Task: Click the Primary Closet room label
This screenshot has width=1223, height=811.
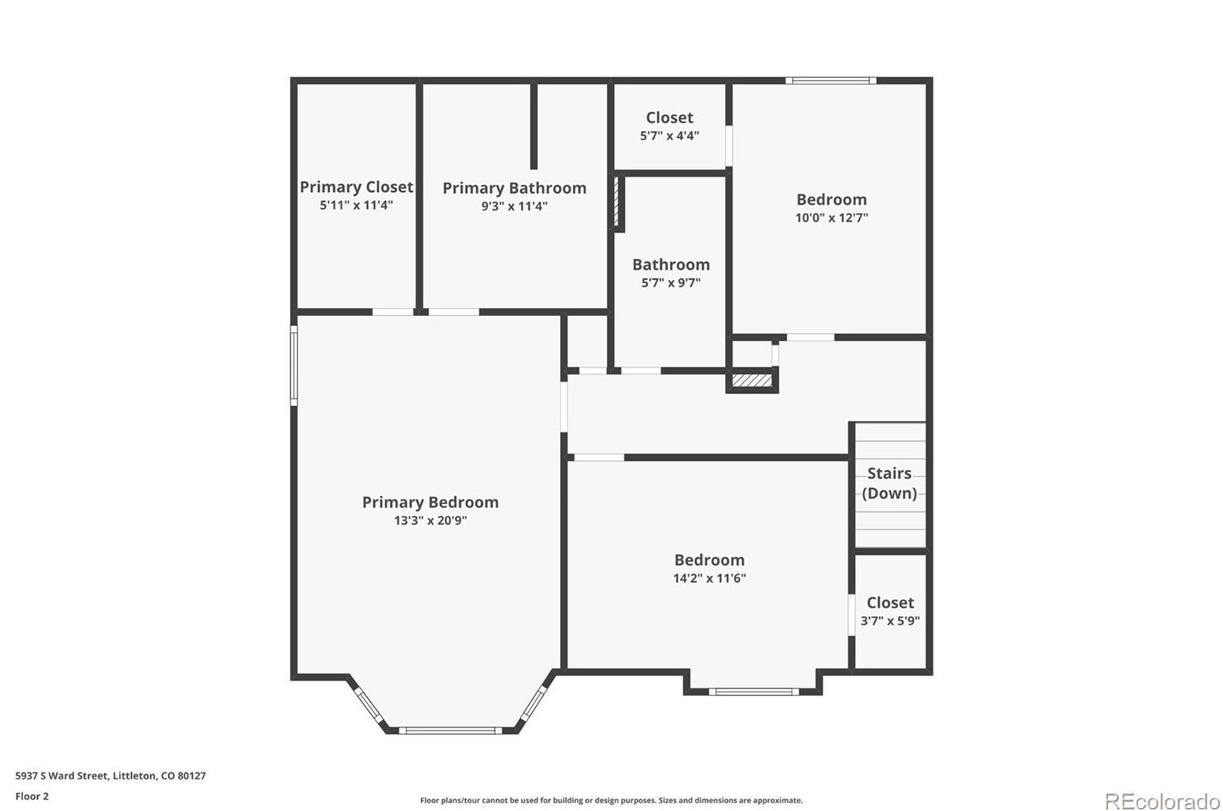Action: (356, 187)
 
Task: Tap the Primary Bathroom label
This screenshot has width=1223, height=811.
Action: (514, 188)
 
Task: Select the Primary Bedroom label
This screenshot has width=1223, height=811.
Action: (430, 503)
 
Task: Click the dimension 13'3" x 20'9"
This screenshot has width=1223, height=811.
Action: (430, 520)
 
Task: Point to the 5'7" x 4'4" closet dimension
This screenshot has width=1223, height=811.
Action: (669, 136)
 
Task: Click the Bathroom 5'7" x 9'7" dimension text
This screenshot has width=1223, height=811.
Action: (671, 283)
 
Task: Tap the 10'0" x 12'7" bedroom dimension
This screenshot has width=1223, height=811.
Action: (831, 217)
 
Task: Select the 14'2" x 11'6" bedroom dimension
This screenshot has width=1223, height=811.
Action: (709, 578)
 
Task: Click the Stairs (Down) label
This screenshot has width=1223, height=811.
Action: (889, 483)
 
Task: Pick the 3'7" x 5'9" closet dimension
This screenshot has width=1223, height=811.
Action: (890, 621)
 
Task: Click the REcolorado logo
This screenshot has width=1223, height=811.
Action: (1161, 801)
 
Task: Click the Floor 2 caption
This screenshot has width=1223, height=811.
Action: (32, 796)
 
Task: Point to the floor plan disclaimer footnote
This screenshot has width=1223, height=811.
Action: (611, 800)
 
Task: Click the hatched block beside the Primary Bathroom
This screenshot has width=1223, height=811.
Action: (616, 202)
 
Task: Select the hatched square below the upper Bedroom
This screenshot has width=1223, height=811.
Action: (751, 381)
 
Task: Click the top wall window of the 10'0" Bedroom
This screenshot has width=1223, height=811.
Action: (830, 80)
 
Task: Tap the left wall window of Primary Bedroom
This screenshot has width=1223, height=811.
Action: (294, 365)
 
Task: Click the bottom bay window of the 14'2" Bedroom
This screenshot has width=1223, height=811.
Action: (753, 692)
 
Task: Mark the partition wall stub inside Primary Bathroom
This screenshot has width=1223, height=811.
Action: (533, 126)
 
